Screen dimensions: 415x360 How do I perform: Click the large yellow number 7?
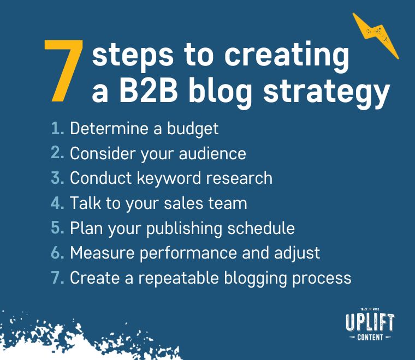63,70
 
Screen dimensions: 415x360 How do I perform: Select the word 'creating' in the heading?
287,56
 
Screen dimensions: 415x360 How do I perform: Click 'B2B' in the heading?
149,92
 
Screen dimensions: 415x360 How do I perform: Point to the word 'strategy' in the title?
327,93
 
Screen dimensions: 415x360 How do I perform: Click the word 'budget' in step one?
193,129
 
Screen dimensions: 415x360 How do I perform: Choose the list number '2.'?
57,153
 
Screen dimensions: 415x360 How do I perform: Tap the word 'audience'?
212,153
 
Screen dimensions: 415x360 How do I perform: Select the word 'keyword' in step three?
169,178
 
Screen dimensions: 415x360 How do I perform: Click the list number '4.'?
57,203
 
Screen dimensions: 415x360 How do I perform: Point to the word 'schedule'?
261,228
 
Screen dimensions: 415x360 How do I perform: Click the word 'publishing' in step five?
184,229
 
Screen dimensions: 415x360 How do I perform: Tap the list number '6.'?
57,253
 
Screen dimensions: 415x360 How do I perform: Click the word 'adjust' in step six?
297,254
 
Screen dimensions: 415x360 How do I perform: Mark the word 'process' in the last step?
322,279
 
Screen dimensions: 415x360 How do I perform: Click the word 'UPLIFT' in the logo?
370,322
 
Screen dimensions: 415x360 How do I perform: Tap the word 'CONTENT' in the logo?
370,337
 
